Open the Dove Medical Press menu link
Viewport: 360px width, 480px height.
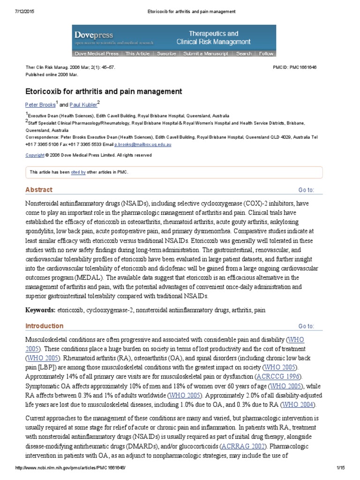[x=97, y=54]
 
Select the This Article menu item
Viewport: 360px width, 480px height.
[x=137, y=54]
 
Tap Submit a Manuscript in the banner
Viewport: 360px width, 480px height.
[x=206, y=54]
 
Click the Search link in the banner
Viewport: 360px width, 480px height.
[x=244, y=54]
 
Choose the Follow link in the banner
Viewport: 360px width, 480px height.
[x=266, y=54]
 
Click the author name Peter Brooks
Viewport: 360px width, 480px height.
[x=40, y=105]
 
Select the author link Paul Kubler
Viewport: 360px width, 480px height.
[x=82, y=105]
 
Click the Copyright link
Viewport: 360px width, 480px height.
[x=35, y=155]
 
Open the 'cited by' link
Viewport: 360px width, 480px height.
[x=78, y=172]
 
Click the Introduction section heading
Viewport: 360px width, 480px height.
[x=44, y=326]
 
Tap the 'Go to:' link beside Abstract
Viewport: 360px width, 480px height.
[x=307, y=190]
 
